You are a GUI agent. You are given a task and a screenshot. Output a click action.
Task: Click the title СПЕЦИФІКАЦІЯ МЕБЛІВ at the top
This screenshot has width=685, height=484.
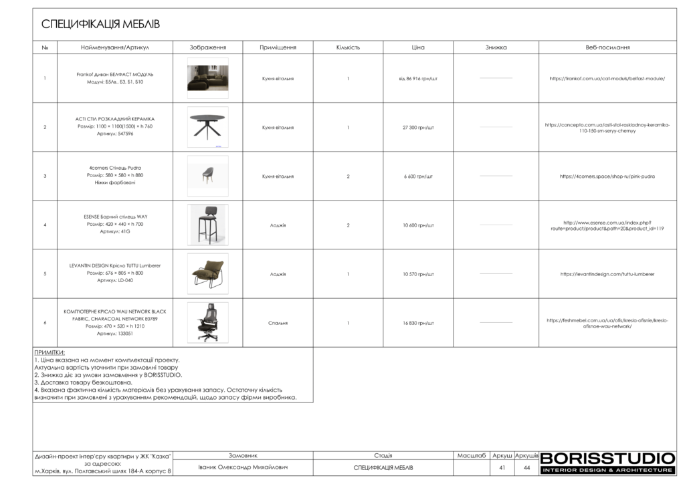coord(101,25)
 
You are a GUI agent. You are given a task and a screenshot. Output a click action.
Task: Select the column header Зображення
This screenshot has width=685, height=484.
coord(207,47)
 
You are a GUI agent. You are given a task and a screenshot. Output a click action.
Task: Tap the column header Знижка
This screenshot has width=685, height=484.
coord(496,47)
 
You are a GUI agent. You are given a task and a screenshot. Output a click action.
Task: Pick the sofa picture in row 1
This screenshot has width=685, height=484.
coord(207,78)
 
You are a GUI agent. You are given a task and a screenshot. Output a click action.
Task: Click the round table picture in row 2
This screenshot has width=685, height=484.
coord(207,126)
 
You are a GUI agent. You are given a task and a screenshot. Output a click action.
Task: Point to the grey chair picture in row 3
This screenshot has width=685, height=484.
coord(207,175)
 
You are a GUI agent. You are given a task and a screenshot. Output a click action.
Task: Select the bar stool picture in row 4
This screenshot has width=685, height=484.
coord(207,225)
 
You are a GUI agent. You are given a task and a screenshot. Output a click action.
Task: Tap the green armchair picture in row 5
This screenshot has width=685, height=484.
coord(207,273)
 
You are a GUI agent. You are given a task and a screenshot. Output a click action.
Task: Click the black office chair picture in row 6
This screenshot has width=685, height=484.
coord(207,323)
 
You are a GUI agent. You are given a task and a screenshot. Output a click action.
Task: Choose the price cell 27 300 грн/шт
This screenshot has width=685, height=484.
coord(418,127)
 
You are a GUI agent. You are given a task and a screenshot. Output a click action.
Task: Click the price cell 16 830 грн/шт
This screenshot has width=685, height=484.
coord(418,323)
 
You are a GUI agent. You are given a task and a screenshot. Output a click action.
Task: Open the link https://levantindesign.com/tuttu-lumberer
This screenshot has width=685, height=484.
coord(607,274)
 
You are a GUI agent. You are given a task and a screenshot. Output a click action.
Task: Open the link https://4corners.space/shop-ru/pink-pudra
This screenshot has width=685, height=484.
coord(607,176)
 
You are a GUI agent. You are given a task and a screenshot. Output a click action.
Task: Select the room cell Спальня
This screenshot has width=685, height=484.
coord(278,323)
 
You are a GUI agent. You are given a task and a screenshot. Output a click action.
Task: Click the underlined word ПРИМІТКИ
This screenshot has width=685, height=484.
coord(50,352)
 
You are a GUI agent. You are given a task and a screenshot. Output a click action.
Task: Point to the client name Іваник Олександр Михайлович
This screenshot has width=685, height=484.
coord(243,467)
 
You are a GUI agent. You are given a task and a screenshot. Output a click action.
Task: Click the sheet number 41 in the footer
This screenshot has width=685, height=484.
coord(502,468)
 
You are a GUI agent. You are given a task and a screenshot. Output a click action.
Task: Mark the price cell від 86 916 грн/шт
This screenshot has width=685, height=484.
coord(418,78)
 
